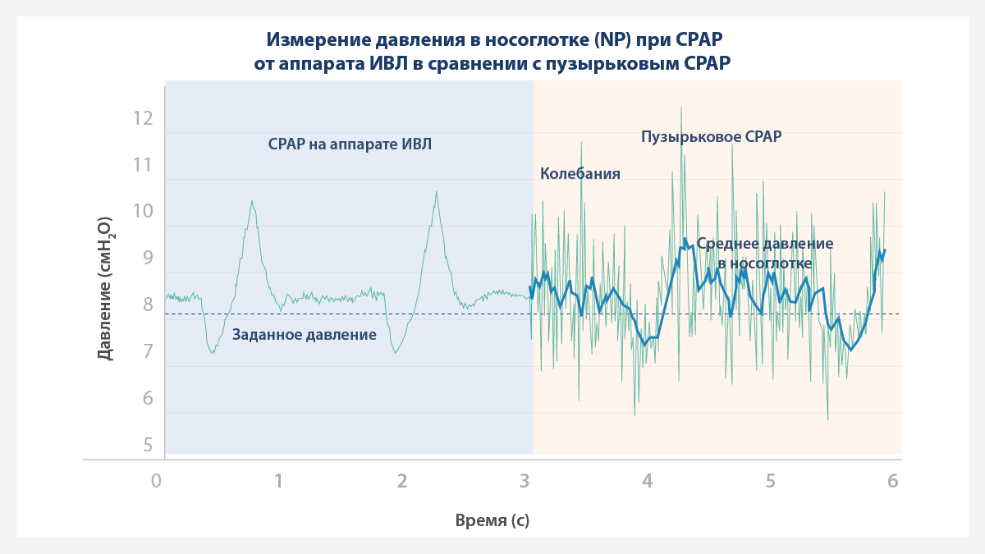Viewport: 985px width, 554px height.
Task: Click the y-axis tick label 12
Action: point(143,118)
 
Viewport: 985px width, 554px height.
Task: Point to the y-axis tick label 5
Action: point(148,445)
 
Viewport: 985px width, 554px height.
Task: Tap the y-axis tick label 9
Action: point(148,258)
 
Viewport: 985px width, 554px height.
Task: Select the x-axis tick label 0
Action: point(156,481)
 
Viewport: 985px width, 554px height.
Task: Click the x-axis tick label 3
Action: point(525,481)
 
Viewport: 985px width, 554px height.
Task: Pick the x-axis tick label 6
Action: point(893,481)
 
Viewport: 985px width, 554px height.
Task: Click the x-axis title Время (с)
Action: point(492,521)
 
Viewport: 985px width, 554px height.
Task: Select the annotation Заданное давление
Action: point(305,335)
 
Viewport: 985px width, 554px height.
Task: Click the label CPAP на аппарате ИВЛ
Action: point(350,144)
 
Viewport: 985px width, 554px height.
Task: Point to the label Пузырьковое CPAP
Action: point(711,137)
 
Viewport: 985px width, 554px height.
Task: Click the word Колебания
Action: point(580,174)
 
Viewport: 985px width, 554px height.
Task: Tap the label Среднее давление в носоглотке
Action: point(764,254)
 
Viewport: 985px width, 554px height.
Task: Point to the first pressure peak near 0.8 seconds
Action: point(252,201)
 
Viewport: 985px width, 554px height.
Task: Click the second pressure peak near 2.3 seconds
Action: point(436,193)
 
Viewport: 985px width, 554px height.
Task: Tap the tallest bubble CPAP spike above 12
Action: point(680,108)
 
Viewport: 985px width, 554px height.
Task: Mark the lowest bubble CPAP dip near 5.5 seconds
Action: point(827,419)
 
